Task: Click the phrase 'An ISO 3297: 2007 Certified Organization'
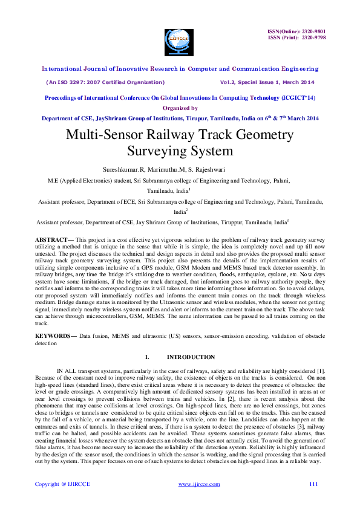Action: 105,82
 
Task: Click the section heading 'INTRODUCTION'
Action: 191,357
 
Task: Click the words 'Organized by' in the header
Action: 180,108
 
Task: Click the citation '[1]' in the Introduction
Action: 322,369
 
